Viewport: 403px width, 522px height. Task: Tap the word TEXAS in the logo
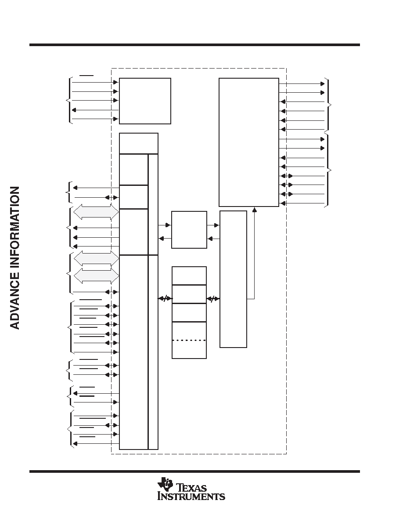[191, 488]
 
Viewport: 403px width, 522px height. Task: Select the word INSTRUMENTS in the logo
[191, 497]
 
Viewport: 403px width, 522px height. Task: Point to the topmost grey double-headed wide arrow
[96, 212]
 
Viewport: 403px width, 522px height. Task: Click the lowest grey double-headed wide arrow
[96, 275]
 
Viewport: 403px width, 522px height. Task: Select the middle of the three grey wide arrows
[96, 258]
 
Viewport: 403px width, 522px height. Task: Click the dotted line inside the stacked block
[189, 340]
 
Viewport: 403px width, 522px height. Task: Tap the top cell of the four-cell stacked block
[189, 275]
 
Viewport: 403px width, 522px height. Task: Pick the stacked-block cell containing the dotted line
[189, 340]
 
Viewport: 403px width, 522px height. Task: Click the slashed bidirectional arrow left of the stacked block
[165, 299]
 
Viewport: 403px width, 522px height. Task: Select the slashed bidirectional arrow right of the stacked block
[213, 299]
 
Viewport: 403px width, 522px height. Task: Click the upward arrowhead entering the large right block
[254, 209]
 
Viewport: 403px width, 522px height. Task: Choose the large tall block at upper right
[249, 142]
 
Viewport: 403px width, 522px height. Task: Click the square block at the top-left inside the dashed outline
[145, 101]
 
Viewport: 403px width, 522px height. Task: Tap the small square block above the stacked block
[189, 230]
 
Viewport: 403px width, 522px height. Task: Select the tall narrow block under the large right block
[233, 279]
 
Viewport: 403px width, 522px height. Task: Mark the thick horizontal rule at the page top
[194, 45]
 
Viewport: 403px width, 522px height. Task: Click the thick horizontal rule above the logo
[194, 471]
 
